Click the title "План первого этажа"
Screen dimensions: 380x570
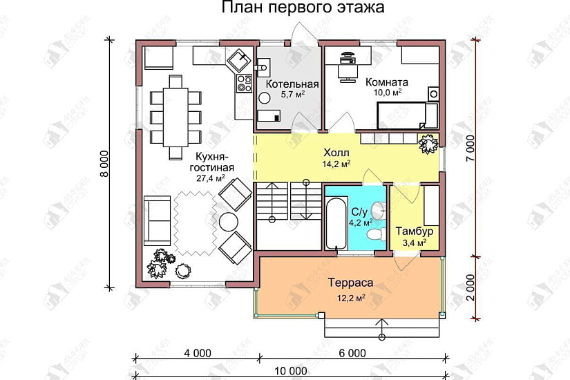[x=303, y=8]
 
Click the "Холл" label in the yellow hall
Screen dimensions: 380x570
[x=336, y=152]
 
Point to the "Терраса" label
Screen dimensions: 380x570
[x=350, y=283]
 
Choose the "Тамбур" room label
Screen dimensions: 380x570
[x=414, y=231]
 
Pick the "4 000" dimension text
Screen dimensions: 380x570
[x=198, y=353]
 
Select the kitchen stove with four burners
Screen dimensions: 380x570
[x=244, y=84]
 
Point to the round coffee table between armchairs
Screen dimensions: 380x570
[x=227, y=221]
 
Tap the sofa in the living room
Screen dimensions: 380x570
[x=157, y=220]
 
